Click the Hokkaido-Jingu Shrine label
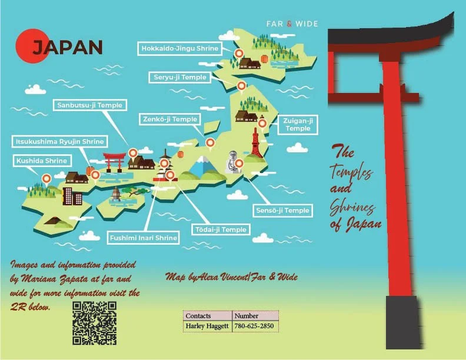click(179, 48)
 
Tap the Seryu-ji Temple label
click(181, 78)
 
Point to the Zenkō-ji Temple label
click(170, 119)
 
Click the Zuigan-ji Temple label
click(298, 124)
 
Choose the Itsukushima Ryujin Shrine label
click(60, 142)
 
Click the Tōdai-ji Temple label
click(219, 229)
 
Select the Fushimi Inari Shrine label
click(143, 238)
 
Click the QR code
click(94, 323)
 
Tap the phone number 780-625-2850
click(254, 326)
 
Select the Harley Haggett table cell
click(207, 326)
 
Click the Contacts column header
click(198, 316)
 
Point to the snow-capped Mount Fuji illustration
click(203, 166)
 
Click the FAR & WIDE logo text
click(292, 24)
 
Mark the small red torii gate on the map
click(114, 160)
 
